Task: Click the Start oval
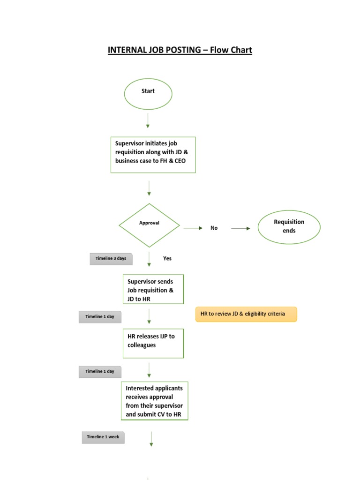tap(148, 94)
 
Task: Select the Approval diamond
tap(149, 225)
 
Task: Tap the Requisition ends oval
tap(289, 227)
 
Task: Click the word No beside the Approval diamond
tap(214, 228)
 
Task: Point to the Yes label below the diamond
tap(167, 258)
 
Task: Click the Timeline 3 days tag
tap(112, 259)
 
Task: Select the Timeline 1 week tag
tap(103, 437)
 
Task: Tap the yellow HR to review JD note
tap(246, 314)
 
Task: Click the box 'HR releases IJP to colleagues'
tap(153, 343)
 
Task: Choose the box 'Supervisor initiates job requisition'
tap(153, 155)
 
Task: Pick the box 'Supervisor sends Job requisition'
tap(153, 290)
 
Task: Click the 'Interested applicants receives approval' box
tap(154, 401)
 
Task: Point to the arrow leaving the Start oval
tap(148, 120)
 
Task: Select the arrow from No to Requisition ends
tap(241, 228)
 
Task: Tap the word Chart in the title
tap(240, 50)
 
